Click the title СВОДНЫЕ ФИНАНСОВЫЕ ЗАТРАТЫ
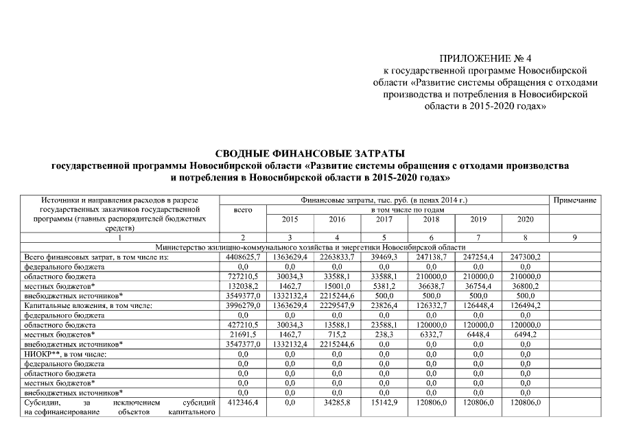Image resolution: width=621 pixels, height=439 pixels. click(x=310, y=153)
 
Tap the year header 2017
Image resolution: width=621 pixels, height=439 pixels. click(x=384, y=219)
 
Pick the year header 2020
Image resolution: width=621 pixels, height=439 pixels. click(x=525, y=219)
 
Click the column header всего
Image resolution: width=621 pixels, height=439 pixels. click(x=243, y=210)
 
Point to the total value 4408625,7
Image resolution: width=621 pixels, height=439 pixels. click(x=243, y=256)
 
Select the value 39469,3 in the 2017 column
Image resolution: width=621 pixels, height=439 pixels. click(x=384, y=256)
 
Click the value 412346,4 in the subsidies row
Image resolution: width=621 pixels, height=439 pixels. click(x=243, y=403)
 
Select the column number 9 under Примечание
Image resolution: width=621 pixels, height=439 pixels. click(x=574, y=237)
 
